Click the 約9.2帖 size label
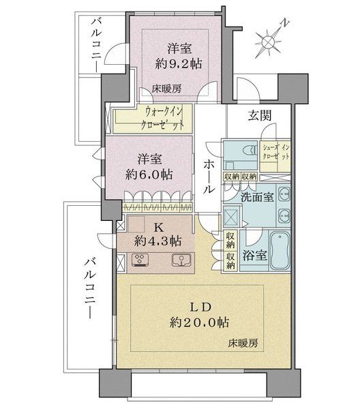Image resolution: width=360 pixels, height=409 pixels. click(x=179, y=63)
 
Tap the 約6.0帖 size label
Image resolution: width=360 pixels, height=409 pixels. click(x=149, y=175)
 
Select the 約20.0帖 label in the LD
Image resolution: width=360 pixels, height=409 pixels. click(x=200, y=322)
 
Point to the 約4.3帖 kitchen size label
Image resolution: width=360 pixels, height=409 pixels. click(x=157, y=241)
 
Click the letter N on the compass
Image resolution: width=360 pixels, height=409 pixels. click(x=286, y=23)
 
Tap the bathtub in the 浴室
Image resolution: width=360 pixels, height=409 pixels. click(x=280, y=251)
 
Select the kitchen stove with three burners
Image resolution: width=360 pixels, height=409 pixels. click(x=141, y=260)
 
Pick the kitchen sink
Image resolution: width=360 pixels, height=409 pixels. click(x=181, y=260)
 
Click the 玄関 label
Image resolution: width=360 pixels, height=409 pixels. click(x=260, y=116)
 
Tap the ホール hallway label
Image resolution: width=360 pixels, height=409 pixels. click(x=209, y=177)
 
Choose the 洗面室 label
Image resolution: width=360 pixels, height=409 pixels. click(x=257, y=197)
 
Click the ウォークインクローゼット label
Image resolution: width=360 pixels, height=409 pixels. click(x=162, y=119)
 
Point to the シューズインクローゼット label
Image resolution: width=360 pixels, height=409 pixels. click(x=275, y=153)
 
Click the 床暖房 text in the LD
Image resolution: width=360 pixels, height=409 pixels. click(x=243, y=344)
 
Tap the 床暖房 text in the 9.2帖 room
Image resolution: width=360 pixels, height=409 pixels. click(x=166, y=89)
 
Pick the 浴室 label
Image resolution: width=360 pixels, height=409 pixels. click(x=254, y=256)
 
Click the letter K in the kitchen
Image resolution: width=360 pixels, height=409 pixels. click(x=158, y=228)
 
